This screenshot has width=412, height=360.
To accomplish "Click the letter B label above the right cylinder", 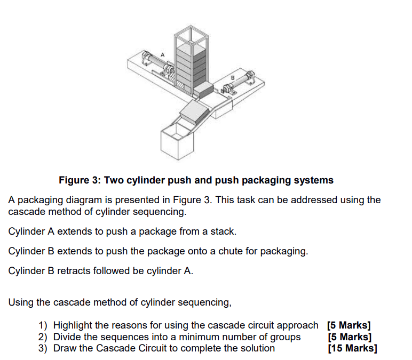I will (x=232, y=78).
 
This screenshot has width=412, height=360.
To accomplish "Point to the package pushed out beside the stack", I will (x=204, y=90).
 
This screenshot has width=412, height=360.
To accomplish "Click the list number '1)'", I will (x=43, y=325).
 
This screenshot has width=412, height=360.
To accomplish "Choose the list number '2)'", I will (x=43, y=337).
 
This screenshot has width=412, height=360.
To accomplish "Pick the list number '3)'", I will (x=43, y=348).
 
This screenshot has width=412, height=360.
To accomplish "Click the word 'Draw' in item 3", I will (x=65, y=348).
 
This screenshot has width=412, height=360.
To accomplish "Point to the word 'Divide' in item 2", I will (x=68, y=337).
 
